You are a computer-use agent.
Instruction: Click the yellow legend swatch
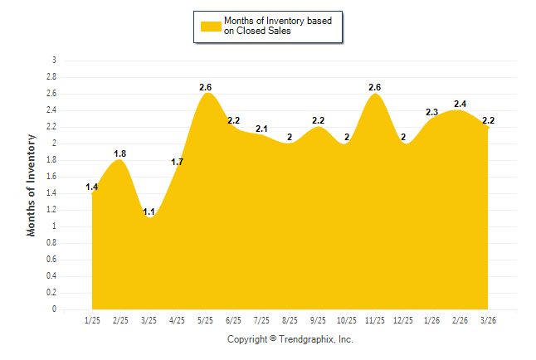click(x=211, y=26)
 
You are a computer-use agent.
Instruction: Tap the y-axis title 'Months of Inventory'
click(x=32, y=185)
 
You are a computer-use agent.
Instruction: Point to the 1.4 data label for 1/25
click(x=92, y=187)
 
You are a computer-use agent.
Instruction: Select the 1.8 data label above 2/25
click(x=119, y=153)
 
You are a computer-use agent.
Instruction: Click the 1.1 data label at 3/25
click(x=149, y=212)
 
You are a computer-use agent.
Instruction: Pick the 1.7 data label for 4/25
click(x=177, y=162)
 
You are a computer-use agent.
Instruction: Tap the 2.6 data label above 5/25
click(x=206, y=87)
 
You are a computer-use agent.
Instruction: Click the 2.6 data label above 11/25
click(x=374, y=87)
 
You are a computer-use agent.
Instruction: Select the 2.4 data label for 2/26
click(x=460, y=104)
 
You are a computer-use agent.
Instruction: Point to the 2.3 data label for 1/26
click(x=431, y=112)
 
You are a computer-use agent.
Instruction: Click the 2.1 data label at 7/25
click(x=261, y=129)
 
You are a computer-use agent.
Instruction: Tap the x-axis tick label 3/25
click(x=149, y=319)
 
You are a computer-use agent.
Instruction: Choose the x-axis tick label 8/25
click(x=290, y=319)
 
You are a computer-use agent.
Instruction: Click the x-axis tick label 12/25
click(x=402, y=319)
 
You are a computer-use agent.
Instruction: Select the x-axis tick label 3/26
click(x=488, y=319)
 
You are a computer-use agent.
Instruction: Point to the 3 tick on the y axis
click(x=54, y=61)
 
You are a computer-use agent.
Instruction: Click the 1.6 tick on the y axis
click(x=51, y=177)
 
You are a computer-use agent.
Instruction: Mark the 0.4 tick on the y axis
click(x=51, y=276)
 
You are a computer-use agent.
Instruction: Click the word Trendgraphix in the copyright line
click(x=307, y=339)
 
